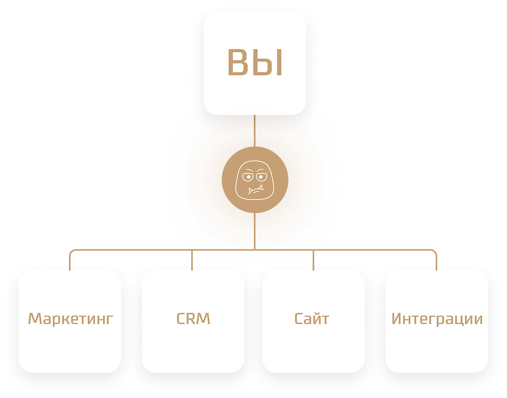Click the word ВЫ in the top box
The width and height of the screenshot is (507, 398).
coord(255,63)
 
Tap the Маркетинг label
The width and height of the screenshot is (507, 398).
coord(71,318)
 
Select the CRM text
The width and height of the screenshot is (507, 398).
coord(193,318)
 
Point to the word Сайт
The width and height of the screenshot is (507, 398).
coord(311,318)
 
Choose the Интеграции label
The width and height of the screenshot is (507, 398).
coord(437,319)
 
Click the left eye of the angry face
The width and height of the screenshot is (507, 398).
coord(248,178)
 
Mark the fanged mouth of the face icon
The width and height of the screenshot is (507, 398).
coord(255,191)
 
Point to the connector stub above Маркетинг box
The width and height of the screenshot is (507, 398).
coord(70,261)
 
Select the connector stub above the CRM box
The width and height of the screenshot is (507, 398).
coord(192,261)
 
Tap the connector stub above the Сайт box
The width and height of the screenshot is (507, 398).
coord(313,261)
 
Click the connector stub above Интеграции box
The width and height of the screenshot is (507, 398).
coord(436,261)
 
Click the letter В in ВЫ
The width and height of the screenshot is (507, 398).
coord(239,63)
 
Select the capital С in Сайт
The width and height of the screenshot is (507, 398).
coord(299,318)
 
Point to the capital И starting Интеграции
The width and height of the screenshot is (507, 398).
coord(397,318)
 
